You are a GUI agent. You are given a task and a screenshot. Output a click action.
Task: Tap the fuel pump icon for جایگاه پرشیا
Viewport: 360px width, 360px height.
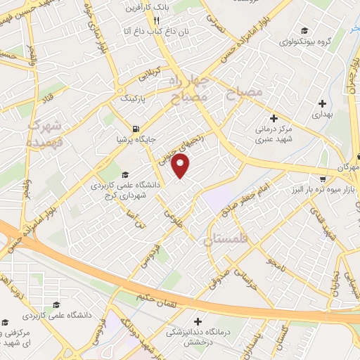135,129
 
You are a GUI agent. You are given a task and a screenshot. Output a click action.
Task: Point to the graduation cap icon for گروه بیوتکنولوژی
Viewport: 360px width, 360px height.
304,30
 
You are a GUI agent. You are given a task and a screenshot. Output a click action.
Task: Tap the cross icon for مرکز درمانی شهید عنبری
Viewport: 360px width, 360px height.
274,119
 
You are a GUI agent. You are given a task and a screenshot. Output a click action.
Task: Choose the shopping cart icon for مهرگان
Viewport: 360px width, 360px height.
323,169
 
